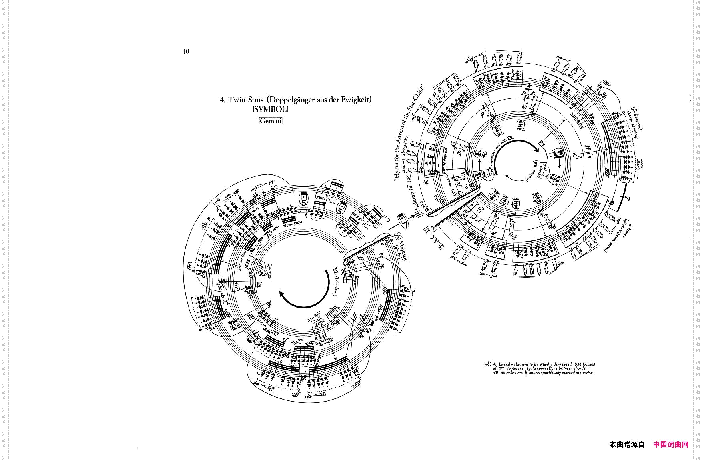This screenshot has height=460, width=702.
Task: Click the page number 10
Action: point(186,52)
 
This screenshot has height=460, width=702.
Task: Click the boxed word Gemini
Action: point(271,121)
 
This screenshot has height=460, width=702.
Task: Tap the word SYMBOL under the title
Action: point(270,109)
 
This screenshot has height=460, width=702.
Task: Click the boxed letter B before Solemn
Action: point(419,214)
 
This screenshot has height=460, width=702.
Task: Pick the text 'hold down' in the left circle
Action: point(335,288)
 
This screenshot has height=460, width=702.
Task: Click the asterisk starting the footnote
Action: point(488,364)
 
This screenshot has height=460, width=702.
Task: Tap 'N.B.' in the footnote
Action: point(496,373)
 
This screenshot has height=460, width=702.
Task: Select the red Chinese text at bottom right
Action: point(671,444)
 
